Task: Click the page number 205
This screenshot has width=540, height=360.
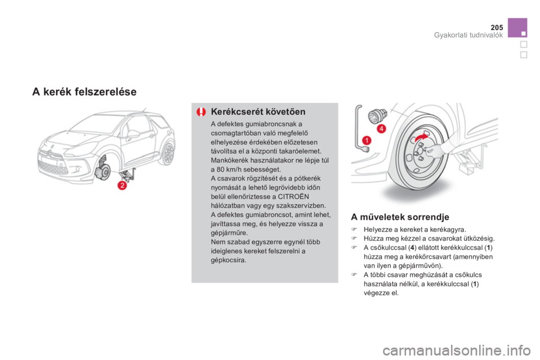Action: click(x=497, y=27)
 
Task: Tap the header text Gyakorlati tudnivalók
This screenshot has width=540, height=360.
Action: click(x=469, y=35)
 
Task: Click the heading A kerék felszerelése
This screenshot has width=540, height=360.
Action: click(x=84, y=92)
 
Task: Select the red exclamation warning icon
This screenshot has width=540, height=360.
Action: click(x=201, y=111)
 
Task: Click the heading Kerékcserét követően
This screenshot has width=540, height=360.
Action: click(x=258, y=111)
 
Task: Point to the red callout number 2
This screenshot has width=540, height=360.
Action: click(x=122, y=185)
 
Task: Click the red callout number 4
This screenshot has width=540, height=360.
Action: click(x=381, y=129)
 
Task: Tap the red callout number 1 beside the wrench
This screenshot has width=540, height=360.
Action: click(x=367, y=140)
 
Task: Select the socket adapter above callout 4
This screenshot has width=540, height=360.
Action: click(x=377, y=115)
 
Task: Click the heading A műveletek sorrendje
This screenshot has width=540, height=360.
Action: click(x=400, y=217)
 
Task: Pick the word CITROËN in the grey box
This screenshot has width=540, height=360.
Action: click(x=294, y=197)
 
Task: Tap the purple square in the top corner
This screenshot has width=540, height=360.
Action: click(x=517, y=28)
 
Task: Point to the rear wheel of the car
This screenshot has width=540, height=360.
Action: click(x=169, y=154)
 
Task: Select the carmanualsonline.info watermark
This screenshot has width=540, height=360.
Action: click(x=456, y=350)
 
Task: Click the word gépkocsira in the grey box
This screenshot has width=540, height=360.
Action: click(x=228, y=260)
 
